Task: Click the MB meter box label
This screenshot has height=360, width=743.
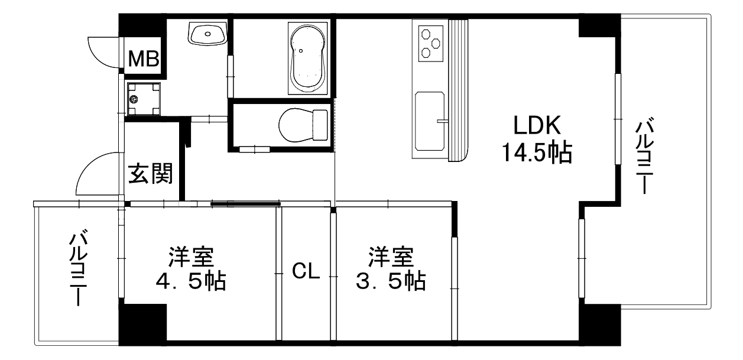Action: tap(143, 58)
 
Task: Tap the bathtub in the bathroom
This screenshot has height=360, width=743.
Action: tap(307, 58)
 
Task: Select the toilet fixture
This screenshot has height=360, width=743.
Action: tap(302, 125)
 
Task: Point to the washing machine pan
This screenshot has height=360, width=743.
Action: tap(143, 99)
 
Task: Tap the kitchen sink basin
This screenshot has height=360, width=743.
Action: tap(429, 121)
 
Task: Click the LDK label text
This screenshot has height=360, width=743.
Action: tap(536, 125)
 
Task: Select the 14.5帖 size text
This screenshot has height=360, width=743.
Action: tap(536, 153)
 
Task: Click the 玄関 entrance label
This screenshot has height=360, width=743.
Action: tap(151, 174)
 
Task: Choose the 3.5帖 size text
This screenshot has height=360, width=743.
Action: tap(391, 282)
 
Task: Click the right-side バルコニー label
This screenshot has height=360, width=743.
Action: tap(646, 157)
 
